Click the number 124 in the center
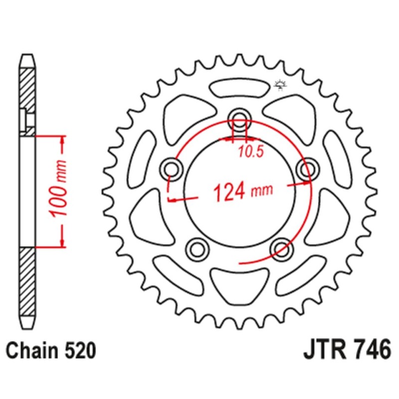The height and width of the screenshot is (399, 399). click(x=230, y=191)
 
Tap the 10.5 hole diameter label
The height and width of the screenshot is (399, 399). click(x=250, y=153)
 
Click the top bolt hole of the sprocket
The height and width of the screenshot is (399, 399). click(x=240, y=119)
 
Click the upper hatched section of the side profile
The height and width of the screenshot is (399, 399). click(x=27, y=97)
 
